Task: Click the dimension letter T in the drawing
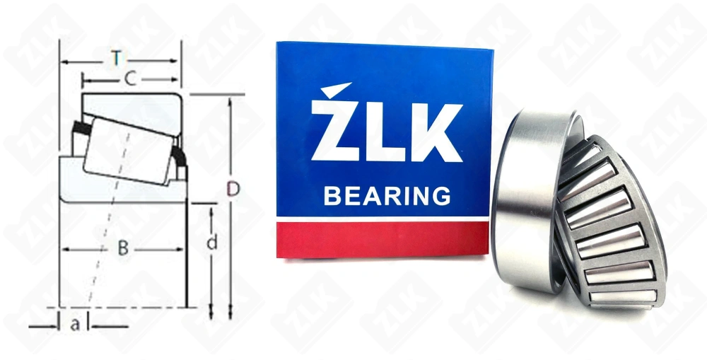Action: [x=117, y=59]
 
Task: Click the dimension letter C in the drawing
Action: [x=129, y=79]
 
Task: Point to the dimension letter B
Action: [x=123, y=248]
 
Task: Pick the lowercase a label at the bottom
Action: [x=76, y=325]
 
